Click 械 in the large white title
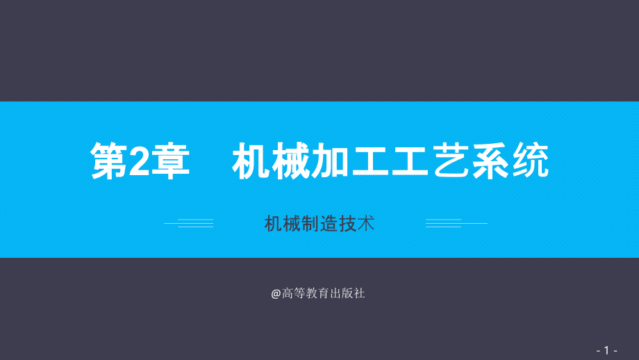click(291, 162)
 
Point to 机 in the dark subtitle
click(273, 224)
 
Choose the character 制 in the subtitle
click(310, 224)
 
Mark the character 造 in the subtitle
click(329, 224)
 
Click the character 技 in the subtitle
click(347, 224)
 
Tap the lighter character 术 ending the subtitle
click(366, 224)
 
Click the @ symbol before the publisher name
click(276, 294)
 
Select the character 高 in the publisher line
click(288, 294)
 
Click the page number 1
click(607, 350)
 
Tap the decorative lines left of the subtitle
click(189, 224)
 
